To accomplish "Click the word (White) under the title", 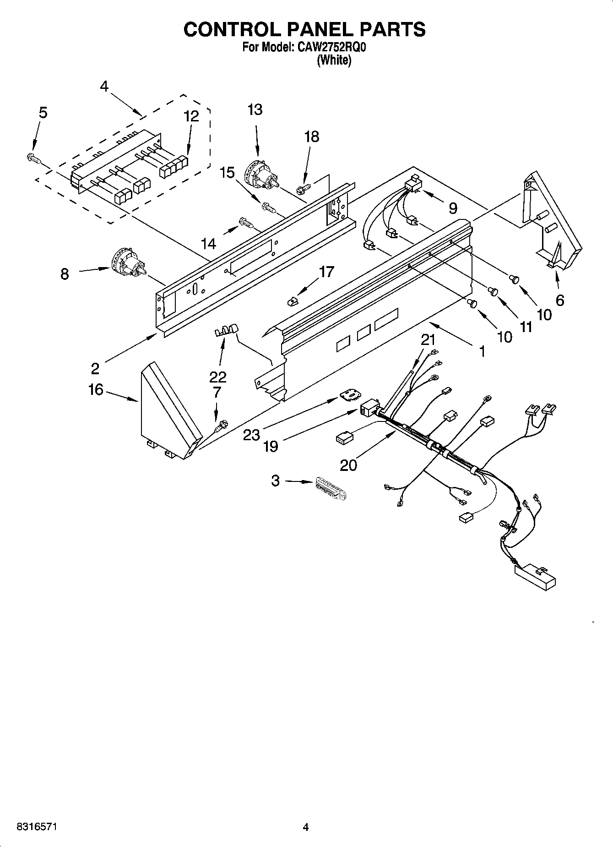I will pyautogui.click(x=334, y=60).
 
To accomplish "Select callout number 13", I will pyautogui.click(x=255, y=110).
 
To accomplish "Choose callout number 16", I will pyautogui.click(x=96, y=390).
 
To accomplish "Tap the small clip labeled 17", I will pyautogui.click(x=292, y=301).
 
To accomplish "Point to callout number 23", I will pyautogui.click(x=251, y=434).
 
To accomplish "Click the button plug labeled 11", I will pyautogui.click(x=494, y=290).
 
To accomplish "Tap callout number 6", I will pyautogui.click(x=559, y=300).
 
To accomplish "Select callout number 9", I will pyautogui.click(x=452, y=208).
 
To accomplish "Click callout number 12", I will pyautogui.click(x=191, y=116).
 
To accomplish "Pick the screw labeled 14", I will pyautogui.click(x=245, y=224).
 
